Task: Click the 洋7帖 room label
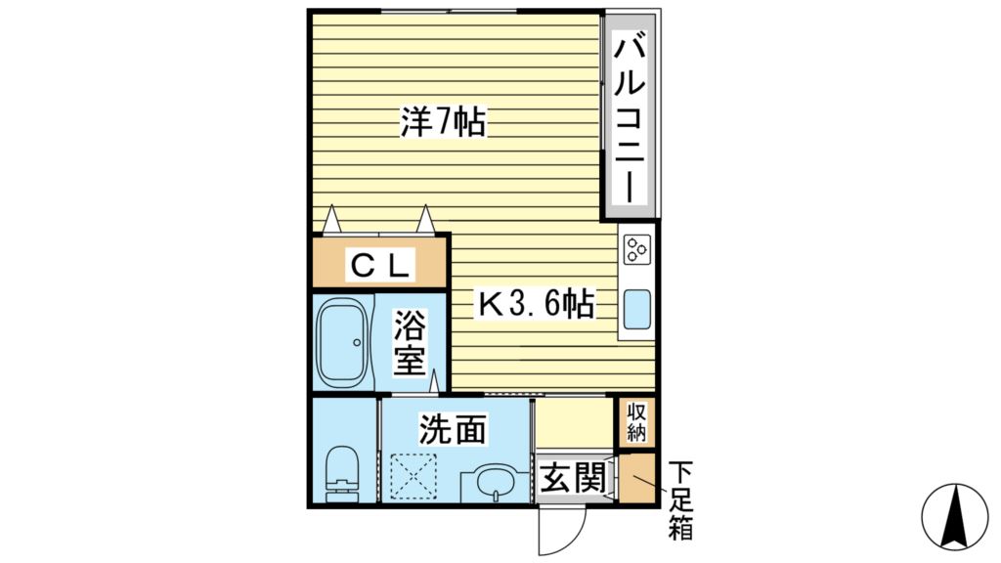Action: pyautogui.click(x=443, y=123)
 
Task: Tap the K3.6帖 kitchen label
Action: pyautogui.click(x=536, y=305)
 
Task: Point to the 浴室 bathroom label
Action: pyautogui.click(x=410, y=342)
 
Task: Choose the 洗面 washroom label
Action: pyautogui.click(x=454, y=427)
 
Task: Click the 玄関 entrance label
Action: pyautogui.click(x=570, y=479)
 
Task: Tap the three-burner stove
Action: pyautogui.click(x=637, y=250)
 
